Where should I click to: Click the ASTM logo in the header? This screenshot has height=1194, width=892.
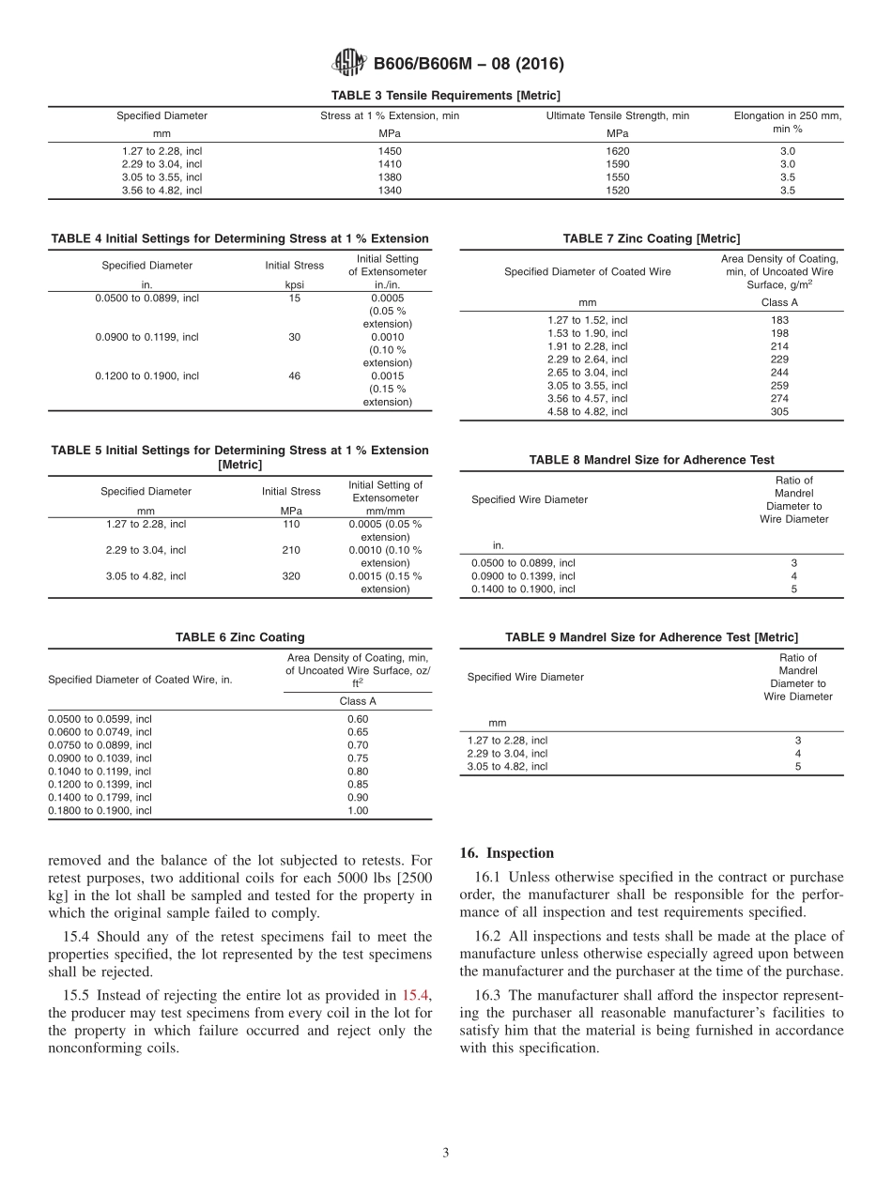pos(348,64)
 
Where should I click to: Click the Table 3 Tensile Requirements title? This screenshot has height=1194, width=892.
pos(445,96)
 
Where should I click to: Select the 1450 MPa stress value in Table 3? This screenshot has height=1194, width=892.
pos(390,150)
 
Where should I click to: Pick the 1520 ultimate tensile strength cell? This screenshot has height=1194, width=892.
pos(618,190)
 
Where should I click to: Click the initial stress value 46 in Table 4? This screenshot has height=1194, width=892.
pos(294,375)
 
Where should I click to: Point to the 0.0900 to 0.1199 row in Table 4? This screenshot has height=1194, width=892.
pos(146,337)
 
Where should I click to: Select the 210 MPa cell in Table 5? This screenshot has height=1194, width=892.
pos(291,550)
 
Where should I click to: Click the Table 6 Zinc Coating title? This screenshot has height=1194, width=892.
pos(239,637)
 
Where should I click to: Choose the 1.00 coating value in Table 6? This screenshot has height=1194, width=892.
pos(358,810)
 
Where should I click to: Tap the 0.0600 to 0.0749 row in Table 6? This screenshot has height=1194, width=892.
pos(100,731)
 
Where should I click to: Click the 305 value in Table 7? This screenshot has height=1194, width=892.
pos(779,411)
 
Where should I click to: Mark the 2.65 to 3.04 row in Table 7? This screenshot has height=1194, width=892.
pos(587,372)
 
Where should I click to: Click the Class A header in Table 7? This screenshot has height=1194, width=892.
pos(779,302)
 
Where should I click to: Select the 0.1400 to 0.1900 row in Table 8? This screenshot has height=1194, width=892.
pos(523,589)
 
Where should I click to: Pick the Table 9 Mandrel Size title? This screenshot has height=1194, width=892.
pos(652,637)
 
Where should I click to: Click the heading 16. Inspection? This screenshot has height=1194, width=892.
pos(507,853)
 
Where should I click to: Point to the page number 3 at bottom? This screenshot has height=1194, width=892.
pos(445,1153)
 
